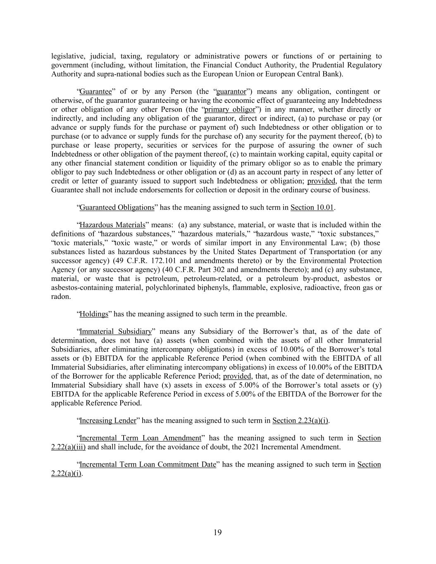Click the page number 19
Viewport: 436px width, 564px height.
218,532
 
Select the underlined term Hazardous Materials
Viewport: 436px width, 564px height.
112,225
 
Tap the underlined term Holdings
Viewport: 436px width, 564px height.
93,314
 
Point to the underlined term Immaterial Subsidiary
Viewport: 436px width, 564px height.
115,331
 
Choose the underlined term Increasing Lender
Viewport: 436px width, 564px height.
107,421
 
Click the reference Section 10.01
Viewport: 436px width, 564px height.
312,207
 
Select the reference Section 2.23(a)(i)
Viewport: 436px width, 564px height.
300,421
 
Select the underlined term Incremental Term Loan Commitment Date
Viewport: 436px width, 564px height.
148,464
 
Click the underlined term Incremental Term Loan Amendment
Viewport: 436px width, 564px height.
140,438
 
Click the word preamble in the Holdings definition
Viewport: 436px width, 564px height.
271,314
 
